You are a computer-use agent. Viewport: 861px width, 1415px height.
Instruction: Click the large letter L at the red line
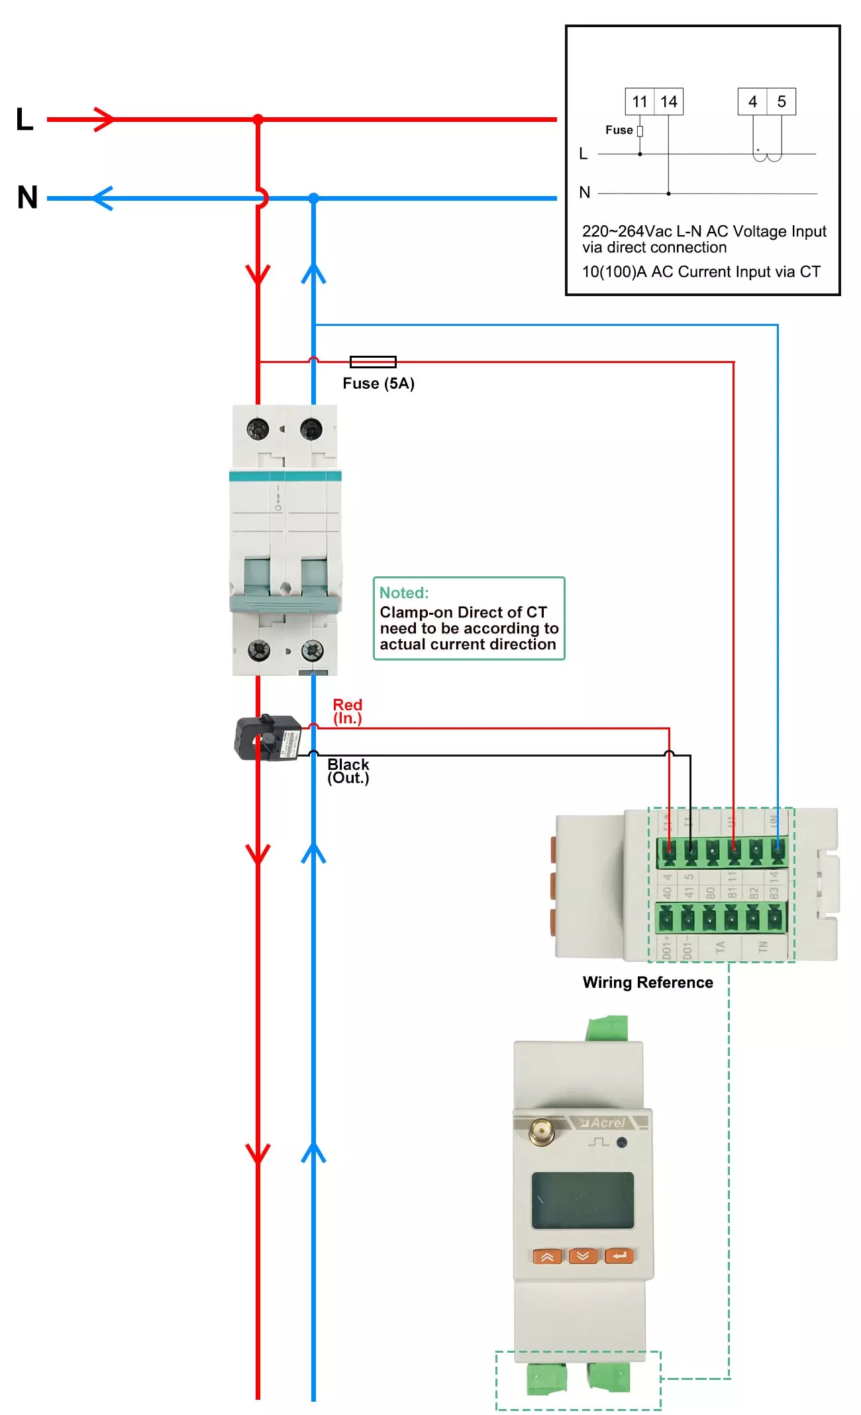click(x=25, y=120)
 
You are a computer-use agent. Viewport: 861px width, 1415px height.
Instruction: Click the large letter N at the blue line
click(x=27, y=197)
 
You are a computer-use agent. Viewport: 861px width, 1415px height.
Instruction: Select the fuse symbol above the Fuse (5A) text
click(x=373, y=362)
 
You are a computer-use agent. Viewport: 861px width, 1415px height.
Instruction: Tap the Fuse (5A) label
click(x=378, y=384)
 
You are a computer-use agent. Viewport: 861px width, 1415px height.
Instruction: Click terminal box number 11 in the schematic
click(x=639, y=102)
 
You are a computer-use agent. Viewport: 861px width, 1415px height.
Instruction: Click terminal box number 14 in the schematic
click(x=669, y=102)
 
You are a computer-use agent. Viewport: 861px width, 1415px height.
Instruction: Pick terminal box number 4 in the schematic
click(x=752, y=102)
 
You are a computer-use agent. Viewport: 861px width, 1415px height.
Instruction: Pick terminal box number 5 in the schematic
click(x=782, y=102)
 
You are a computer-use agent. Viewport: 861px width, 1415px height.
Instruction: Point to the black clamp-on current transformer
click(x=268, y=738)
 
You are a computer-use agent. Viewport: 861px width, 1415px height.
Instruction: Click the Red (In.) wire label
click(x=347, y=711)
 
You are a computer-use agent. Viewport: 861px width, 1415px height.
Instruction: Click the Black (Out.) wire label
click(x=348, y=771)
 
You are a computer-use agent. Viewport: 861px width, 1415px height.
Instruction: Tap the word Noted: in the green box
click(x=404, y=593)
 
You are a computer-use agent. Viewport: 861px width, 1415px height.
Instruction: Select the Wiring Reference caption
click(x=648, y=982)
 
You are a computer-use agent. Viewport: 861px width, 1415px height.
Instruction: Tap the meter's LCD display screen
click(x=582, y=1200)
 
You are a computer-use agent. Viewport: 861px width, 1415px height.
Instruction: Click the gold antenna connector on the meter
click(x=541, y=1131)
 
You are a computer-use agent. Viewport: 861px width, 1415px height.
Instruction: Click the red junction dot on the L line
click(x=258, y=120)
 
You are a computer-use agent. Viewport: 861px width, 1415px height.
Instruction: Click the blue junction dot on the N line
click(x=314, y=198)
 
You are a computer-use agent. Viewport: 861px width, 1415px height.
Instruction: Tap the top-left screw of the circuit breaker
click(x=258, y=429)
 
